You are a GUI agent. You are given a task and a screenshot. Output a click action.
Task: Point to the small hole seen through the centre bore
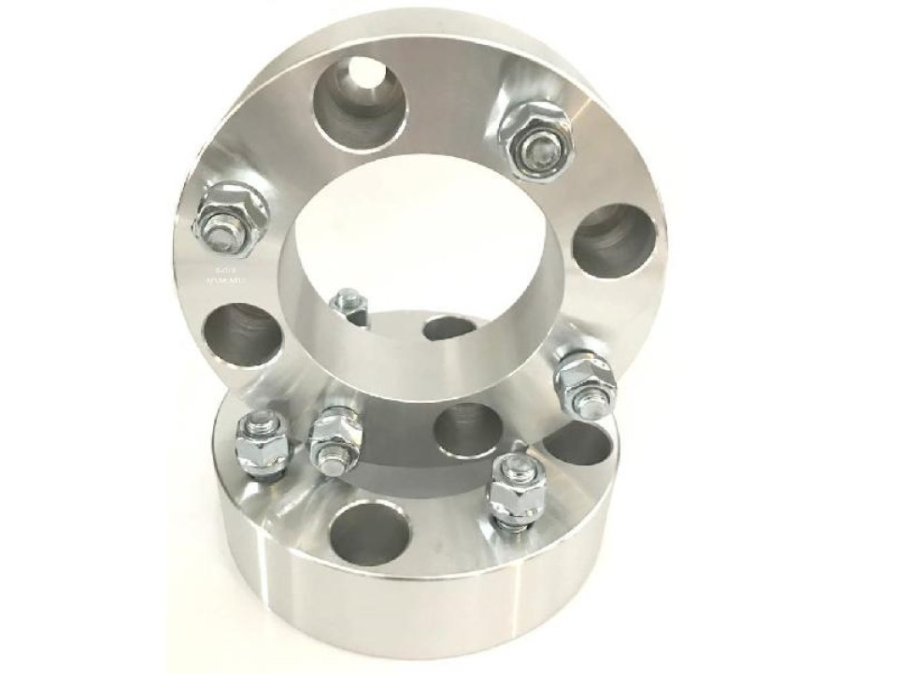tap(448, 327)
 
